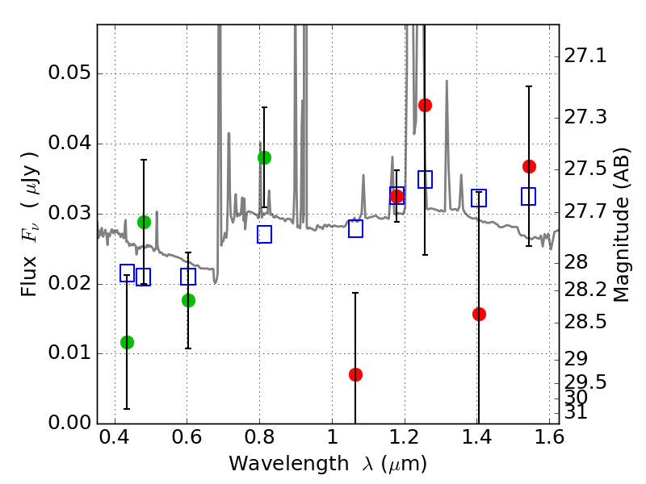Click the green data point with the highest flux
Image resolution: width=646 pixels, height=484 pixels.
(264, 157)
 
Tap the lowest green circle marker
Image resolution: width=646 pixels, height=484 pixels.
(127, 342)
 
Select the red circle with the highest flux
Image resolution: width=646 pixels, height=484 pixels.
(425, 105)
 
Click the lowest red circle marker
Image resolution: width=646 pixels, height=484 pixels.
(355, 374)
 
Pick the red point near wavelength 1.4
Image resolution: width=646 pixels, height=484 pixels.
(479, 314)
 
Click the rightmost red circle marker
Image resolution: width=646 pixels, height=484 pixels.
(529, 166)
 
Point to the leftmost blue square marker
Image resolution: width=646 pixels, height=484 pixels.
(127, 273)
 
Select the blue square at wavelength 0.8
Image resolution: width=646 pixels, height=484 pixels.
(264, 235)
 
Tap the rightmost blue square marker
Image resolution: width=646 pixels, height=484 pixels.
(529, 196)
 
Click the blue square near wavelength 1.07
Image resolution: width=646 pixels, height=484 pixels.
(355, 228)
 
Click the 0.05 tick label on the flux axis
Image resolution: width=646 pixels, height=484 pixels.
(69, 74)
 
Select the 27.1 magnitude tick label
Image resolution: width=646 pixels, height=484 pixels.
(586, 56)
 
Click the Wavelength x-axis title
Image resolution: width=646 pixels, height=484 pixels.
(328, 464)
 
